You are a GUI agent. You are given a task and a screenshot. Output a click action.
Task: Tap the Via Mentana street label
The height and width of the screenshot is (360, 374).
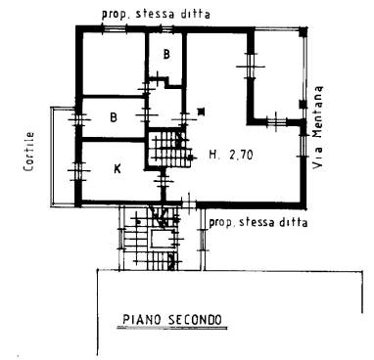click(x=317, y=127)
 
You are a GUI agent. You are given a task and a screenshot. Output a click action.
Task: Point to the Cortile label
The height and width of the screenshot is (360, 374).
click(x=29, y=152)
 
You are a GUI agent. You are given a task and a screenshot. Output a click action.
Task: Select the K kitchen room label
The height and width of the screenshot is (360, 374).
click(x=117, y=168)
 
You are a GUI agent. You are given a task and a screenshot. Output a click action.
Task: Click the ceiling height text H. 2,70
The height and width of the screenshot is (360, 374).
click(x=231, y=155)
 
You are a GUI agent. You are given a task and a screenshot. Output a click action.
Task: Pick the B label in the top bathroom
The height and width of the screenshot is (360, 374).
click(x=166, y=54)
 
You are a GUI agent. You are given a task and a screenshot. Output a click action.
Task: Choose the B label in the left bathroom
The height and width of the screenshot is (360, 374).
click(x=114, y=117)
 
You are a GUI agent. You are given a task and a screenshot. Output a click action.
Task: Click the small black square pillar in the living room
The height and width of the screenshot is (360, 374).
click(x=202, y=112)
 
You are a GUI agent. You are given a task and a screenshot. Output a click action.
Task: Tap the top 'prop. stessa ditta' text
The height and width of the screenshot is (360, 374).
click(x=156, y=14)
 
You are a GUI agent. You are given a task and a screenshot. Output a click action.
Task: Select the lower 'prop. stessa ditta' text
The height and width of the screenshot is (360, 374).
click(x=258, y=223)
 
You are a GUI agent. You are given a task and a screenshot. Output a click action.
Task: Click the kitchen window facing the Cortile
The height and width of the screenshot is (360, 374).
click(x=78, y=170)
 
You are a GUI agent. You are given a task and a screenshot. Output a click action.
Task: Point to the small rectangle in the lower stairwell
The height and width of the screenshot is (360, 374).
click(x=161, y=239)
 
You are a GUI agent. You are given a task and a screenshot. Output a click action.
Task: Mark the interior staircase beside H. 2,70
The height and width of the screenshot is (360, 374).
click(x=169, y=149)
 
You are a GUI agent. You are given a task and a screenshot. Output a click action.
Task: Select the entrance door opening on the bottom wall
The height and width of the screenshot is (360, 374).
click(x=189, y=204)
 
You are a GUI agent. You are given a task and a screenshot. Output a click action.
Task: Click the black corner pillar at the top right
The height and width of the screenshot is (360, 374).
click(x=304, y=31)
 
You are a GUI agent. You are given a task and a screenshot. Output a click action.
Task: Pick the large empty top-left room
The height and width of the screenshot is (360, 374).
click(x=113, y=64)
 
